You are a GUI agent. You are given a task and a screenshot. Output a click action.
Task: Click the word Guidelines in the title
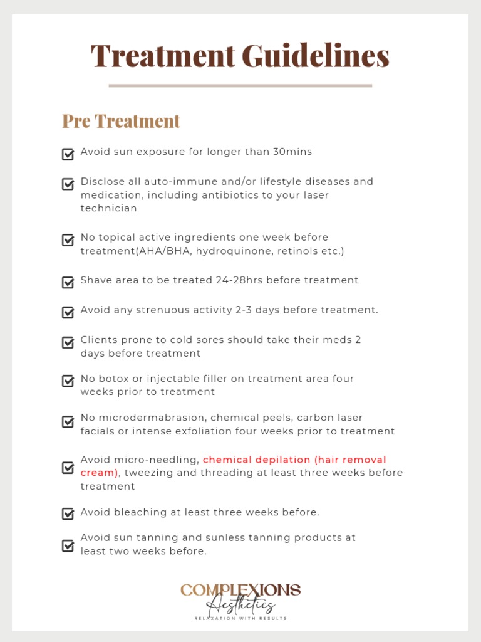pos(316,56)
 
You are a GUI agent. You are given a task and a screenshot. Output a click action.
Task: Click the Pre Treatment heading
pos(121,121)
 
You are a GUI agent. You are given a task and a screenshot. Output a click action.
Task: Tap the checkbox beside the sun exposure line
pos(68,154)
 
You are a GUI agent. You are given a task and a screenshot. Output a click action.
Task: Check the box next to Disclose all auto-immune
pos(68,184)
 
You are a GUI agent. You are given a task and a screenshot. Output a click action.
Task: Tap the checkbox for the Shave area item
pos(68,282)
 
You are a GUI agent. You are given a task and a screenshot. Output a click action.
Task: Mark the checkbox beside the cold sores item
pos(68,342)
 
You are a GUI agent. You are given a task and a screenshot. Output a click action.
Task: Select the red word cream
pos(97,473)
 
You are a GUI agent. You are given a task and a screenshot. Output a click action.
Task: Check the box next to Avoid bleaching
pos(68,514)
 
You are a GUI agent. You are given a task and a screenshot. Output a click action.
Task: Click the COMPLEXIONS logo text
pos(240,591)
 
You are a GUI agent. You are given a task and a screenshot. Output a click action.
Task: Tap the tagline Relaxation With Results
pos(240,618)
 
